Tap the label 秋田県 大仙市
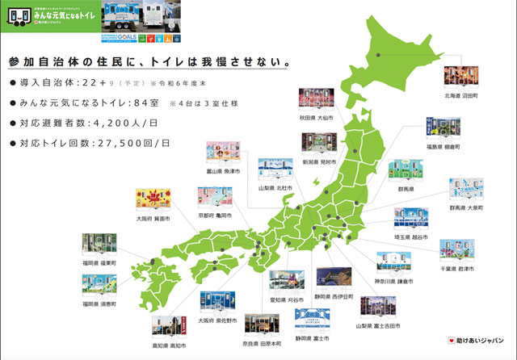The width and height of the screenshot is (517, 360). (x=316, y=116)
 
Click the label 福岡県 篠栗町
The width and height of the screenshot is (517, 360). (x=99, y=262)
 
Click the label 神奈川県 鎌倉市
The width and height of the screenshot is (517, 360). (x=394, y=282)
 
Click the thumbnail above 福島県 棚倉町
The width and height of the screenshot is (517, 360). (x=440, y=130)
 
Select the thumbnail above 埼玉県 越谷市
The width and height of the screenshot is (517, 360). (x=410, y=219)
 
